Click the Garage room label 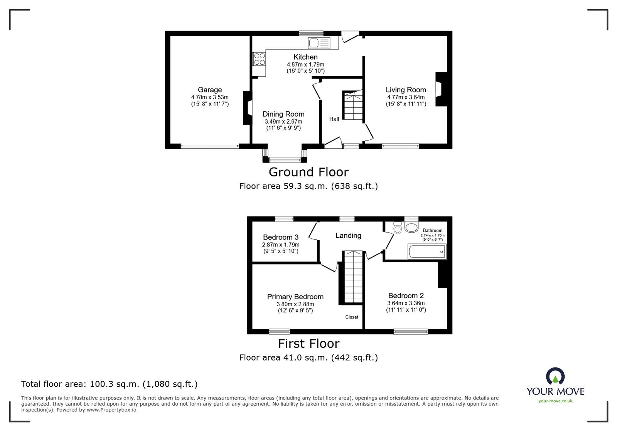[x=210, y=90]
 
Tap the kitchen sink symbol [x=319, y=43]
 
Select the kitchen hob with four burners [x=260, y=59]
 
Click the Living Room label [x=406, y=90]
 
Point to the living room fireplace [x=440, y=89]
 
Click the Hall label [x=334, y=119]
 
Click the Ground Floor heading [x=308, y=172]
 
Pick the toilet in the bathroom [x=398, y=229]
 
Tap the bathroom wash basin [x=411, y=228]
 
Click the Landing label [x=348, y=235]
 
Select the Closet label [x=352, y=317]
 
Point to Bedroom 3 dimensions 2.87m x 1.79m [x=281, y=245]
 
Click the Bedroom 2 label [x=406, y=295]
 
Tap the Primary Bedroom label [x=295, y=297]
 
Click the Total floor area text [x=109, y=384]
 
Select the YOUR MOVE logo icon [x=555, y=376]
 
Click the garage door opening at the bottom [x=209, y=146]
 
